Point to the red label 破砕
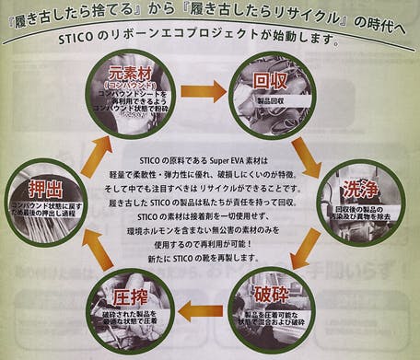point(276,298)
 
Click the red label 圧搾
point(131,298)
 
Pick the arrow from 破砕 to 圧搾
point(201,310)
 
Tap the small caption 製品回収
point(270,100)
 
